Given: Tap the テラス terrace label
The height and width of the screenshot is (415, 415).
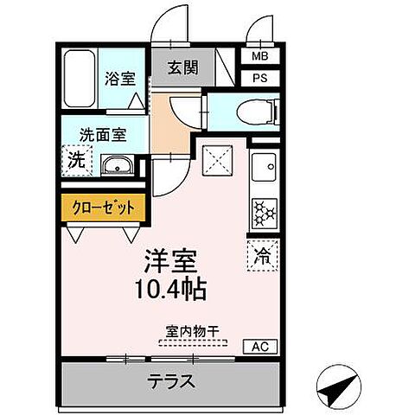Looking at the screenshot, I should (171, 381).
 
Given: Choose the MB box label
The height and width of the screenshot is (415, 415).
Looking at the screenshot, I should (259, 57).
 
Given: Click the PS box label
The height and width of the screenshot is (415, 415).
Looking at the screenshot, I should (259, 77).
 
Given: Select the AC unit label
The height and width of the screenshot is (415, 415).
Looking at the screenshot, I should (258, 347).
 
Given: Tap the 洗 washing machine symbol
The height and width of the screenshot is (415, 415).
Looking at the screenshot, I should (77, 162).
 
